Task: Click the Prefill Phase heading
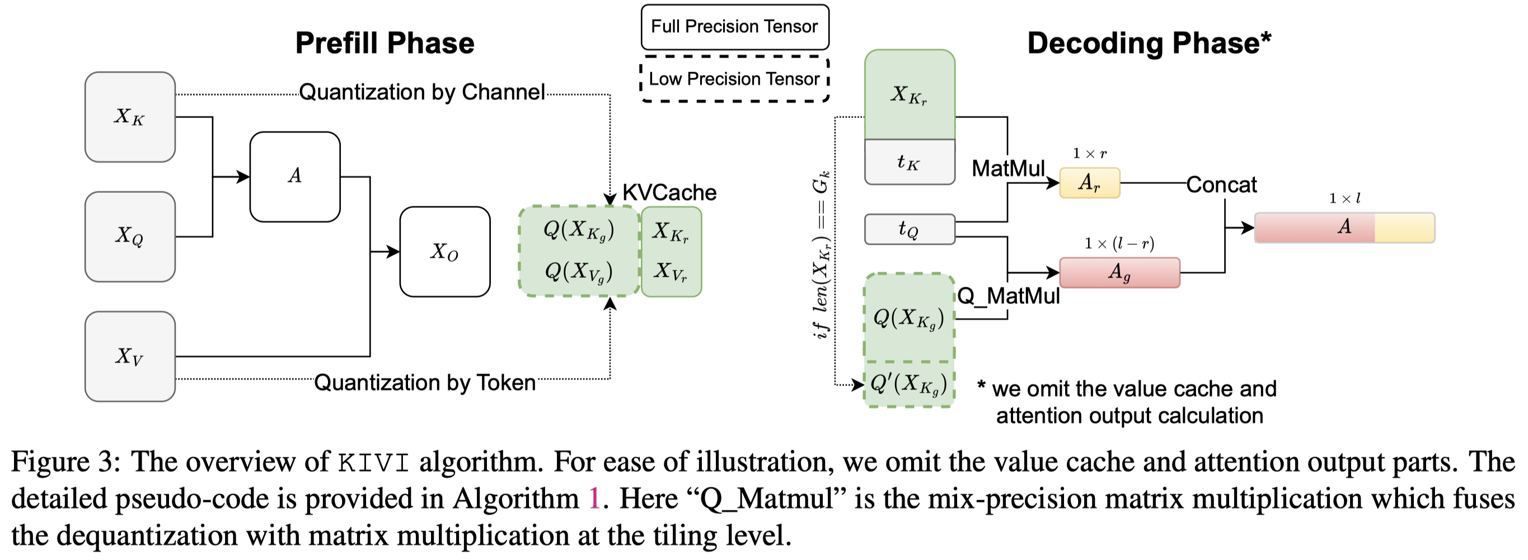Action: point(385,43)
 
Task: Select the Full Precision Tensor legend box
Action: point(734,27)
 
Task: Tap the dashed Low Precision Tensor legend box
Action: point(734,79)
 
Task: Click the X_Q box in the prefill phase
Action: point(130,236)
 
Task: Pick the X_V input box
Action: point(130,356)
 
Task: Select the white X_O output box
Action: point(445,251)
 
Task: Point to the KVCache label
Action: point(669,193)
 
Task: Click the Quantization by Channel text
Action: point(422,92)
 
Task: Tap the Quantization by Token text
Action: point(425,383)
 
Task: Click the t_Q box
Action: point(910,229)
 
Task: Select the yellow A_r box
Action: point(1090,183)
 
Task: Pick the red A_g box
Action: point(1119,273)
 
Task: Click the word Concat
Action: point(1221,185)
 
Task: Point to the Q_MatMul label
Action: point(1009,296)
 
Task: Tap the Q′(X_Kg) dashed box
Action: point(909,385)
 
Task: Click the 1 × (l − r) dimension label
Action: point(1119,244)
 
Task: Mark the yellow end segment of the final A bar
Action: point(1404,227)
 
